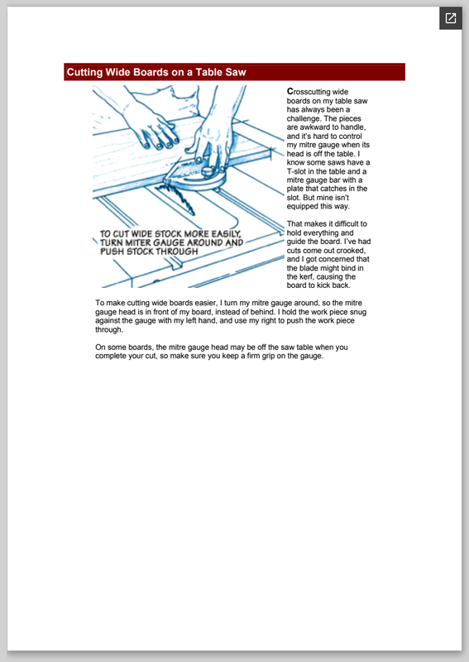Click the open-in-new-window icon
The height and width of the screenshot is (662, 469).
click(451, 18)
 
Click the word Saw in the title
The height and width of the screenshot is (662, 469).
click(236, 72)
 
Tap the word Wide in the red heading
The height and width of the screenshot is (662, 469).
click(117, 72)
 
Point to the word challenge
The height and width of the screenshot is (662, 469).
click(303, 118)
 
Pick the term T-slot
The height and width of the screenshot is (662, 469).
click(296, 171)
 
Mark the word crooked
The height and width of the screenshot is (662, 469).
click(351, 251)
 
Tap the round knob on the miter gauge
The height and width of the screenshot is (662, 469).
click(208, 171)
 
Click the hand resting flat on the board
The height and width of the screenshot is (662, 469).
click(152, 126)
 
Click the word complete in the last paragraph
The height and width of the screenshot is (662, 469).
click(110, 357)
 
